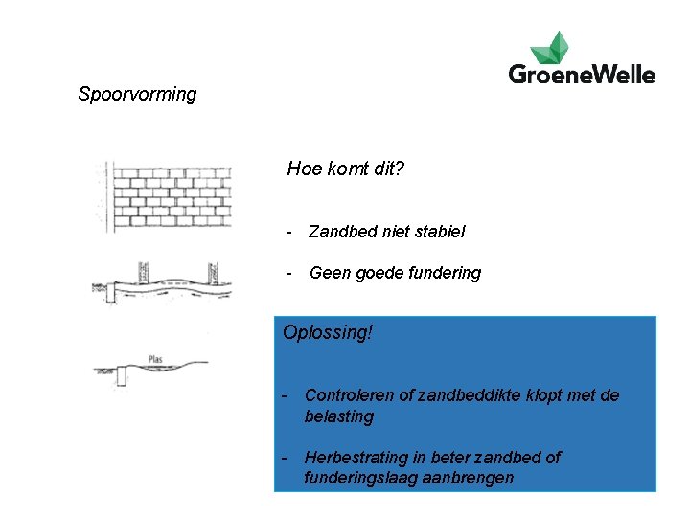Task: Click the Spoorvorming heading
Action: [x=137, y=95]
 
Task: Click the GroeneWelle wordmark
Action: [x=582, y=75]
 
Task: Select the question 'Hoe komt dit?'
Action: [x=346, y=169]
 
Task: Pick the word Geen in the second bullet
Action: [x=330, y=273]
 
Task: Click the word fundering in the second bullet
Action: [x=447, y=273]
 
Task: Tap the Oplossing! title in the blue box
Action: [x=328, y=333]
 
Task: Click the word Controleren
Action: [x=351, y=395]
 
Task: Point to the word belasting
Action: [x=339, y=416]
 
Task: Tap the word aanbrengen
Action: [x=469, y=478]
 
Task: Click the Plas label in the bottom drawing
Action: [x=155, y=360]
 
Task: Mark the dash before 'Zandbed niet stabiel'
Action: [x=287, y=231]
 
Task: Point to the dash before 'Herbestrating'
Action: [x=284, y=457]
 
